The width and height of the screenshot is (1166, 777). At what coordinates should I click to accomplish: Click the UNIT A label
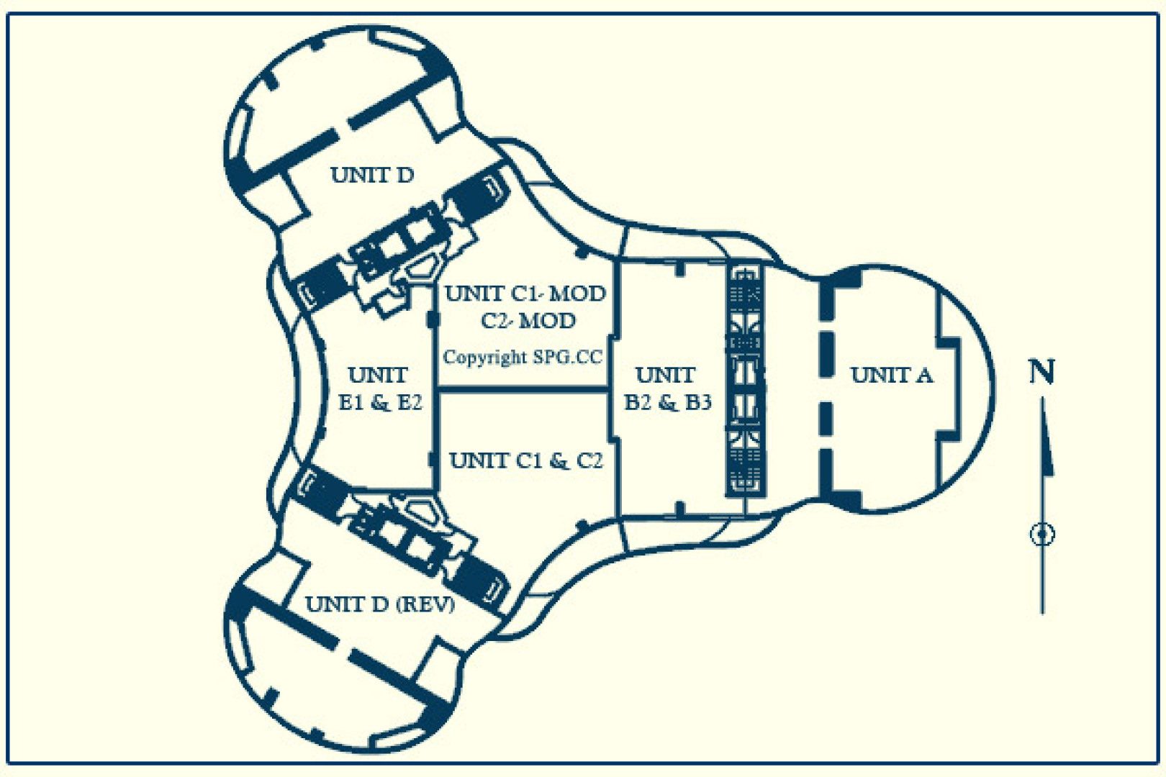891,375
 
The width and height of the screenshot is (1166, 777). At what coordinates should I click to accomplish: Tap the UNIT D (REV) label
380,604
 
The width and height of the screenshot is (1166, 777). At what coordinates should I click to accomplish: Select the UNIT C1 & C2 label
525,460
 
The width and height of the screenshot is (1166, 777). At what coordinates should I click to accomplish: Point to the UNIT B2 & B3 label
667,388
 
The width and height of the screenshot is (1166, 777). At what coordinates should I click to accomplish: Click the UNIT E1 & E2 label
379,388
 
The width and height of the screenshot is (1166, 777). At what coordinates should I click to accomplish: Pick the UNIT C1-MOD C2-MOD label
525,306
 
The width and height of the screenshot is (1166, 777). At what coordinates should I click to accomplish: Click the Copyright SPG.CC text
522,357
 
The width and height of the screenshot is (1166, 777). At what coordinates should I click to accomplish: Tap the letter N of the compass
1041,372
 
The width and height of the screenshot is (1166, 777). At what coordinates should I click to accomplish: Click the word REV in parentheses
427,604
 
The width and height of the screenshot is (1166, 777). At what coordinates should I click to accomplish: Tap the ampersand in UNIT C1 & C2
559,461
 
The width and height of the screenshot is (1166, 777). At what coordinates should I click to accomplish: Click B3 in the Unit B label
697,402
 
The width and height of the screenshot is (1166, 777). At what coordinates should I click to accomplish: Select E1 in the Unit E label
351,402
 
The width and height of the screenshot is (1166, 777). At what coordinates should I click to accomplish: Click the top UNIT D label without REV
371,175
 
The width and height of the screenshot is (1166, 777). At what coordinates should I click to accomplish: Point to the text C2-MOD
528,320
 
